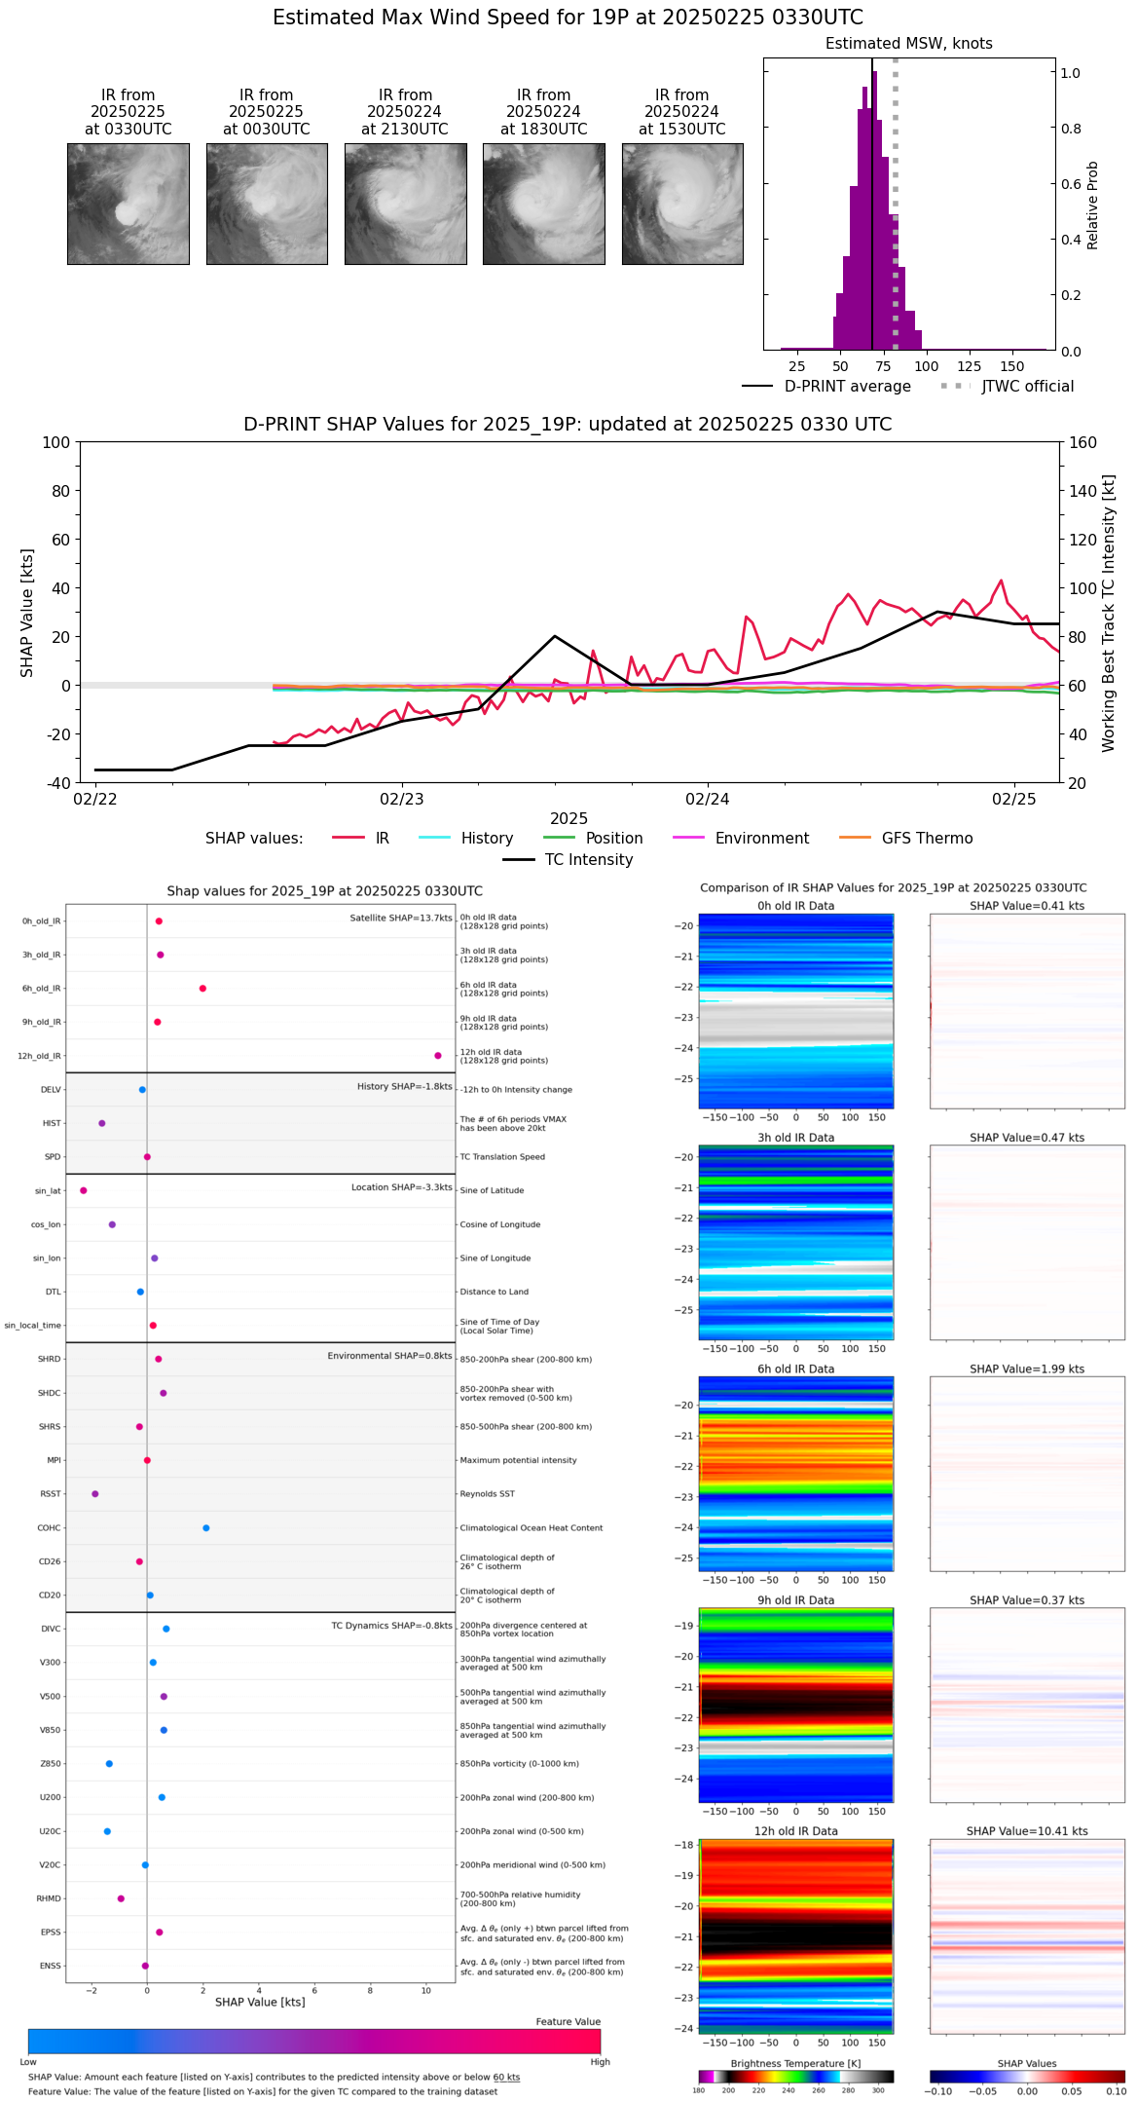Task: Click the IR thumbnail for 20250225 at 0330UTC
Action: [x=128, y=204]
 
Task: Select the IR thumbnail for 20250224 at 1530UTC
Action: [x=682, y=204]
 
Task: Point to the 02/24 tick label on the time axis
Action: [x=708, y=800]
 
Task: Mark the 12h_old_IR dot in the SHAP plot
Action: [x=438, y=1056]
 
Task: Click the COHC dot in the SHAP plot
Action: [x=206, y=1528]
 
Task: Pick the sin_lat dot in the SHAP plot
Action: [x=84, y=1190]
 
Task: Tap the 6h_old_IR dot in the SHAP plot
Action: [x=202, y=989]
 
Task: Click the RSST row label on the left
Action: [x=51, y=1494]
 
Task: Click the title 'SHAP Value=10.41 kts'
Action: [x=1027, y=1831]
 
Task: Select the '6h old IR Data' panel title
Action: [x=795, y=1369]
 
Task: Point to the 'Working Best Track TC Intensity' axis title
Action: [x=1109, y=614]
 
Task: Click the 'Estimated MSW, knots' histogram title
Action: [x=908, y=44]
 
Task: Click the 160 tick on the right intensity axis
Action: [x=1083, y=443]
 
